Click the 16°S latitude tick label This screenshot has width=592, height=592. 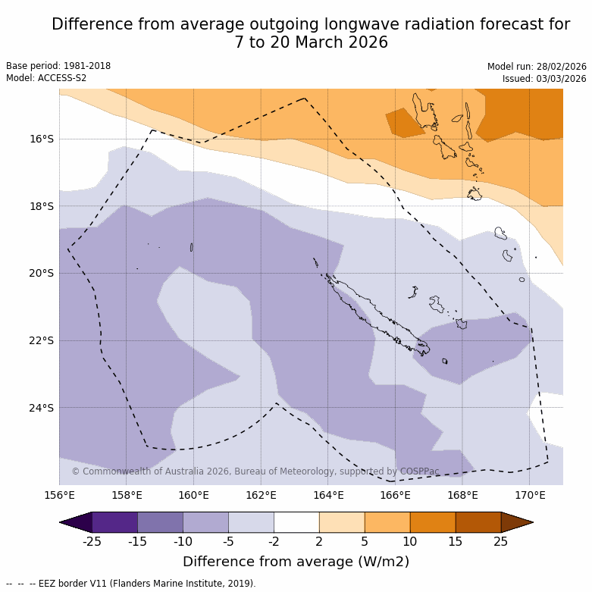42,139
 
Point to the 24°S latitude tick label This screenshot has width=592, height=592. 42,408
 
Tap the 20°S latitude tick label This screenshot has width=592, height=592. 42,273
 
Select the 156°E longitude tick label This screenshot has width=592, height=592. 59,496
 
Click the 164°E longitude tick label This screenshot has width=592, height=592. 328,496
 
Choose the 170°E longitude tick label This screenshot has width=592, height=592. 530,496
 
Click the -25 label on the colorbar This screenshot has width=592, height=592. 92,541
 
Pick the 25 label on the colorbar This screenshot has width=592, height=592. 501,541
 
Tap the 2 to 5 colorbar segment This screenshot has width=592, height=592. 342,522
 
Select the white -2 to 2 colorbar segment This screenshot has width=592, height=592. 296,522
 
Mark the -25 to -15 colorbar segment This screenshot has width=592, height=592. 114,522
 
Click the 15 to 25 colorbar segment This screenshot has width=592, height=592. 478,522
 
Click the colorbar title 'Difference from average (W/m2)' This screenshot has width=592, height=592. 296,562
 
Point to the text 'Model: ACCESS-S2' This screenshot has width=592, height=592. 46,78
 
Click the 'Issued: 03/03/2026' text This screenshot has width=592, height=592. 544,79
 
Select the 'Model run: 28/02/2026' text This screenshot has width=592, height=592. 537,67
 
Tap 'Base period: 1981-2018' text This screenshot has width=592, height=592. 58,66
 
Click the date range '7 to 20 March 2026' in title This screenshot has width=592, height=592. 311,42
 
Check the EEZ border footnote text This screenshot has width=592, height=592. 131,584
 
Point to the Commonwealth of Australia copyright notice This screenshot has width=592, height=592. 255,471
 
